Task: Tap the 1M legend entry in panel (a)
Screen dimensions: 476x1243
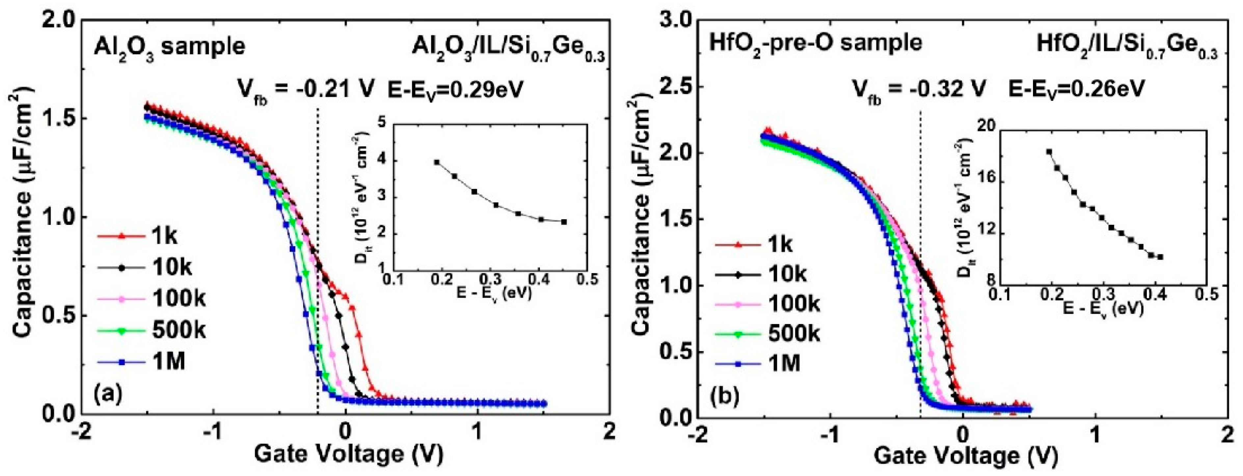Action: [x=142, y=361]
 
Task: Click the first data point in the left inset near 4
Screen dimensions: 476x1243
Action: [x=437, y=163]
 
